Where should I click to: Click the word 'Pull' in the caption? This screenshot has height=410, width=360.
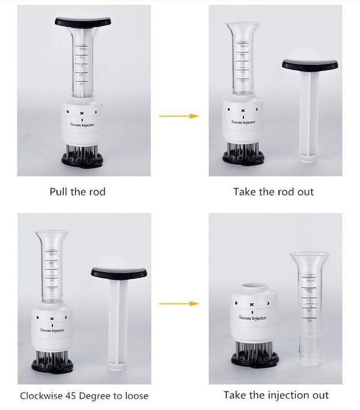58,192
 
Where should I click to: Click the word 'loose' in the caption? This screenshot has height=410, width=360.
135,396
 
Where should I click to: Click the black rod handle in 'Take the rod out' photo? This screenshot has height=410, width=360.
310,64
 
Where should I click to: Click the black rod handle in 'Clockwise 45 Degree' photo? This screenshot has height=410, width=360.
119,273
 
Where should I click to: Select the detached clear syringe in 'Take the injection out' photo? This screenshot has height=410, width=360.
309,306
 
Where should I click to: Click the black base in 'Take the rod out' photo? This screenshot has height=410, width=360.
243,158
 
